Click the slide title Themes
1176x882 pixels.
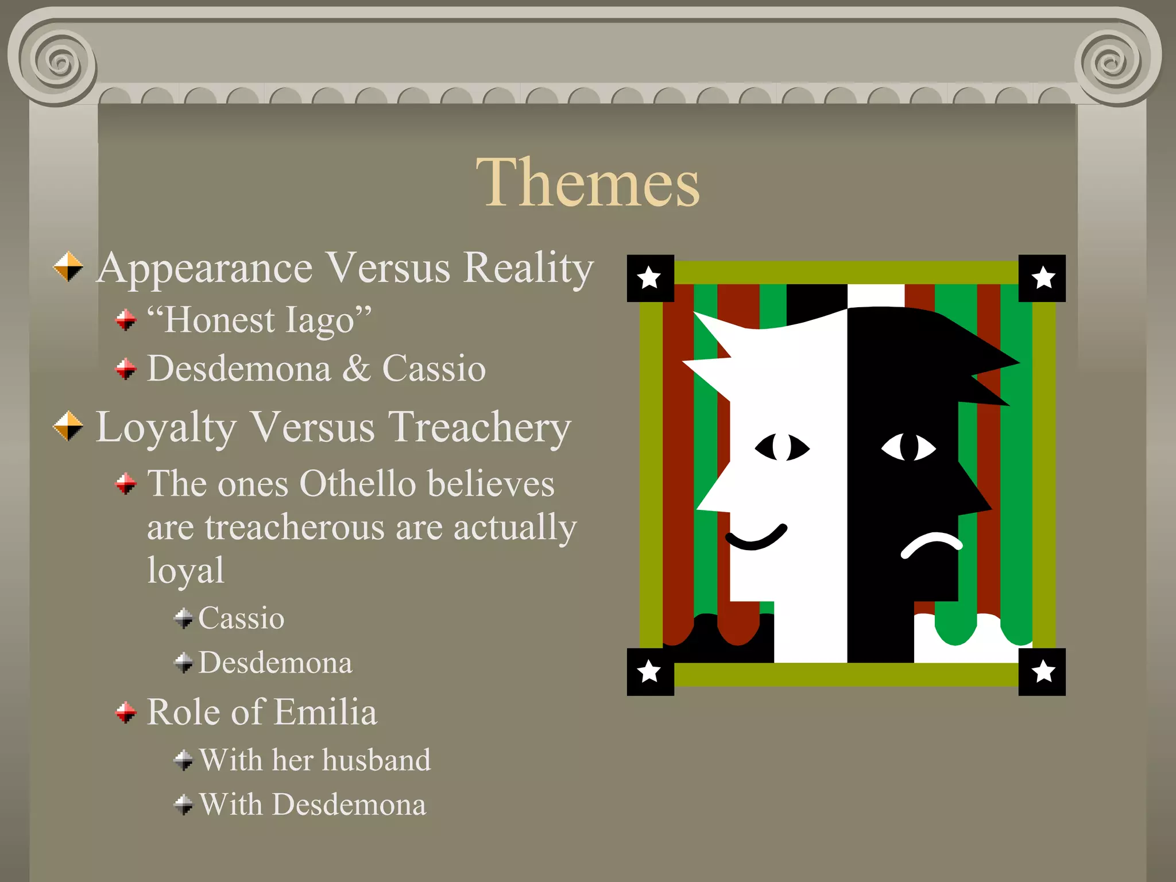pos(588,183)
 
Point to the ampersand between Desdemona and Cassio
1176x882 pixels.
pos(357,368)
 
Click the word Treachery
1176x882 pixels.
pos(479,427)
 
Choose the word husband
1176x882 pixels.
pos(376,760)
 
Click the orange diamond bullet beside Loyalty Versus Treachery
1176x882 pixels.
pos(68,426)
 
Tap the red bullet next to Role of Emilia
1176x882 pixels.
pos(126,712)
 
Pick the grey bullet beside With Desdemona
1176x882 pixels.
pos(184,804)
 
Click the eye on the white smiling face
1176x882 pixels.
pos(782,447)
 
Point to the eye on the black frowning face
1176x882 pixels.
pos(908,447)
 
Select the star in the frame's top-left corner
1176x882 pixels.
pos(649,278)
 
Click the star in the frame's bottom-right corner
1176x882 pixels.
pos(1043,671)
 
